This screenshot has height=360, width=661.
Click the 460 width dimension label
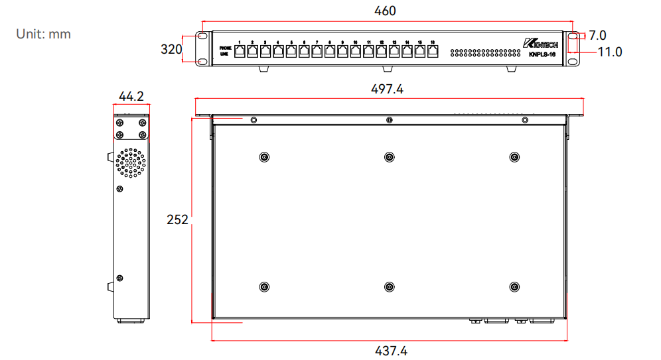pos(385,11)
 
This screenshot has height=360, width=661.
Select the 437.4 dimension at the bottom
pos(390,351)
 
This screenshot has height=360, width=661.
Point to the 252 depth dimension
pos(177,219)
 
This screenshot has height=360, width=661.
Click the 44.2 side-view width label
pos(131,97)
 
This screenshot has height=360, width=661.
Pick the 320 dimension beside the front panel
pos(171,49)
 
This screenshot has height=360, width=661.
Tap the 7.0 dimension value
pos(597,35)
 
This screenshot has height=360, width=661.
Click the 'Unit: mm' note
pos(43,34)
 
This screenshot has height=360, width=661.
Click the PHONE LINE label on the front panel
pos(226,51)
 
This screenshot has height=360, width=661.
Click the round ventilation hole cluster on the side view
pos(131,163)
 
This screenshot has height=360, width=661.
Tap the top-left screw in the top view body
pos(264,157)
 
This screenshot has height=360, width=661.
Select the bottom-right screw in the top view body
pos(513,287)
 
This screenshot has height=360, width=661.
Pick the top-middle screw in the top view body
pos(389,157)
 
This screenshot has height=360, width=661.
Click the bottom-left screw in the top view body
pos(264,287)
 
